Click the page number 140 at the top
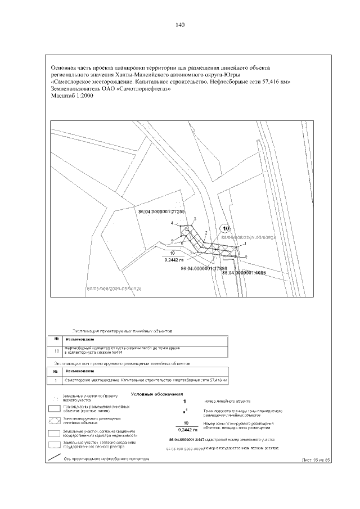180,25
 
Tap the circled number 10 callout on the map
226,228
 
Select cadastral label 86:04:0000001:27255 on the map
161,211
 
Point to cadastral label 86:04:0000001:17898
204,269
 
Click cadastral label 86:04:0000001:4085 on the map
244,272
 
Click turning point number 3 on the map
195,218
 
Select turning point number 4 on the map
173,224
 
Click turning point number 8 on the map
246,256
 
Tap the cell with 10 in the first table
56,351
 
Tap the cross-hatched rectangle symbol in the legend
55,420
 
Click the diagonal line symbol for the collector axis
55,458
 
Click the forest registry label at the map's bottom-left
113,288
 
